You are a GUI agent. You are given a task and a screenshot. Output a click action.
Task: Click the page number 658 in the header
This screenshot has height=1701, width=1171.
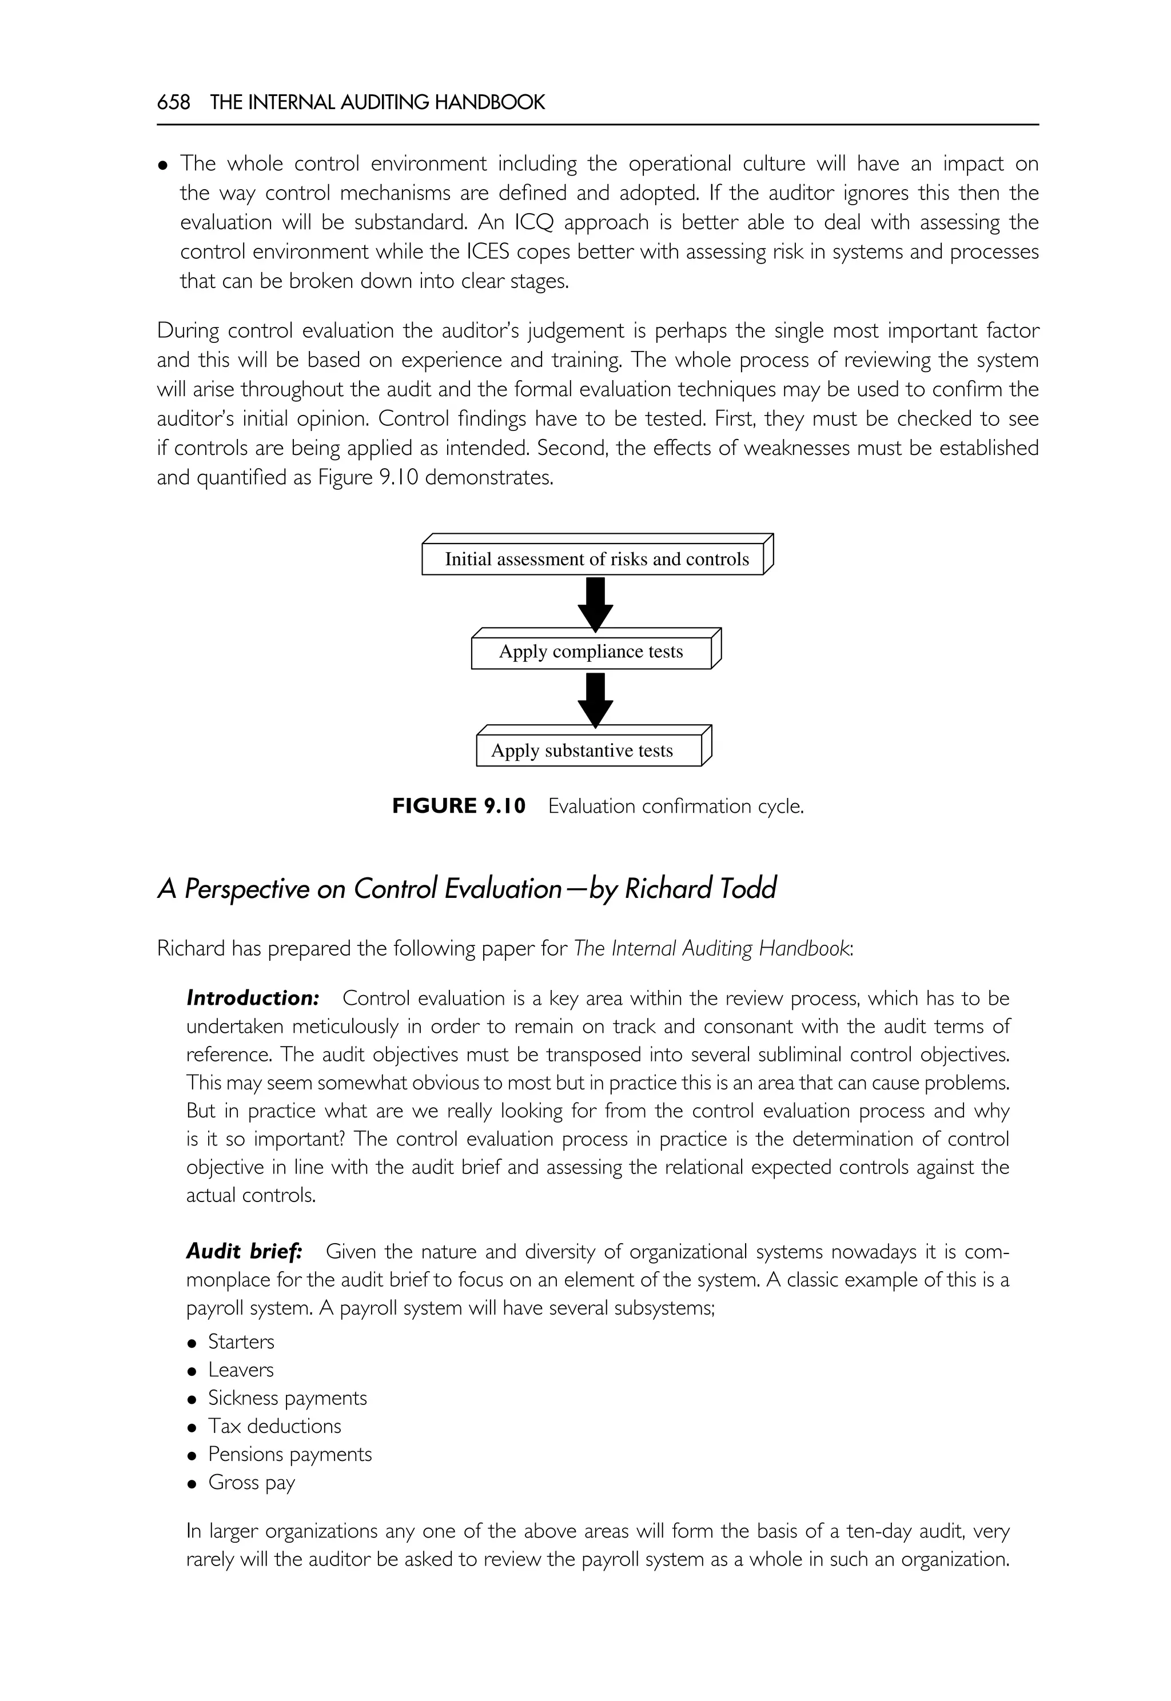[173, 102]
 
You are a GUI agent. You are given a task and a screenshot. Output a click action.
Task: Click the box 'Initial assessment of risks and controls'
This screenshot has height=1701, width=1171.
[596, 560]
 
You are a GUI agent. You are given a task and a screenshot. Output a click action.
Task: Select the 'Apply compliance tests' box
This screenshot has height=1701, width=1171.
[591, 652]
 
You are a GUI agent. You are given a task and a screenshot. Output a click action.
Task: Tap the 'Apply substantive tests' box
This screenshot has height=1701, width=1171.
[583, 751]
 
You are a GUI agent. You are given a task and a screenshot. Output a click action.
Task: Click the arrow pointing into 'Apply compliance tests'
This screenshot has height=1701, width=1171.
[596, 604]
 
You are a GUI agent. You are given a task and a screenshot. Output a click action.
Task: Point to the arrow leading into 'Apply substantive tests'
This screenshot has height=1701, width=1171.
[596, 700]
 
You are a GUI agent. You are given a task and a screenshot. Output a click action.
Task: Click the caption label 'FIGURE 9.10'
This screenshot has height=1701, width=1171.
[459, 806]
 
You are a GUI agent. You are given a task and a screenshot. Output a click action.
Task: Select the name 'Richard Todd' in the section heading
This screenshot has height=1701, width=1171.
[700, 889]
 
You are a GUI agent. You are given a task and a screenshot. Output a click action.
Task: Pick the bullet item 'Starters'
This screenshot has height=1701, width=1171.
[241, 1341]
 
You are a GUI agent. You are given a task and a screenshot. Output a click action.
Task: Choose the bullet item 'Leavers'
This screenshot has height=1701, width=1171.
[241, 1369]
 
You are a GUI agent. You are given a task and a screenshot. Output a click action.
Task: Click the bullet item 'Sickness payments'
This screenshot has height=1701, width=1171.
[287, 1398]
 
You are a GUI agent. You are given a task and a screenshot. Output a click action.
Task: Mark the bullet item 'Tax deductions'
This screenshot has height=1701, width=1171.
[274, 1426]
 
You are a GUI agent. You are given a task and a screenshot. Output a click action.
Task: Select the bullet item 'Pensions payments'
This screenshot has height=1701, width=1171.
[290, 1454]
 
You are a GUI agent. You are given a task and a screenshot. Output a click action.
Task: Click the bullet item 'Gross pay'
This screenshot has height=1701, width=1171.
[252, 1483]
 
